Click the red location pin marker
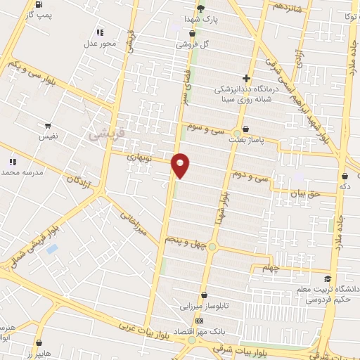(x=181, y=165)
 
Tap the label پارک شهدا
(x=203, y=20)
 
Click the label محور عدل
(x=100, y=44)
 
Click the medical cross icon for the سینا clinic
(x=246, y=79)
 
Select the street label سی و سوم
(x=210, y=130)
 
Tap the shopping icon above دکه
(x=345, y=176)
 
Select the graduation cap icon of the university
(x=328, y=278)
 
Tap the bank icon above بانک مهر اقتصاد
(x=198, y=321)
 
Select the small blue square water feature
(x=52, y=250)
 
